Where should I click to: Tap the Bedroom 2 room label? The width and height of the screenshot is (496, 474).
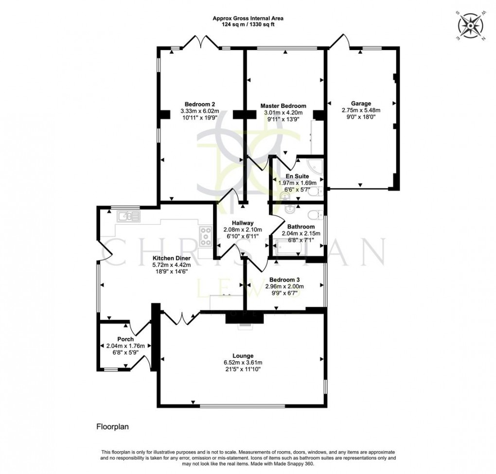pos(199,104)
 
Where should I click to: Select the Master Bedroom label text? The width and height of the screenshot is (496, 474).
pos(283,106)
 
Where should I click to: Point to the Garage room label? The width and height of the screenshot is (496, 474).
pos(361,104)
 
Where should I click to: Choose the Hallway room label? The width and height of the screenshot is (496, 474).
pos(242,223)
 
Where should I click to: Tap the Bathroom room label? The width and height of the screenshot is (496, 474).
pos(301,227)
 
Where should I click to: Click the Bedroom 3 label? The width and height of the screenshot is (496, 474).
pos(283,280)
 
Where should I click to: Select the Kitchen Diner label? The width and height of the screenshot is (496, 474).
pos(172,258)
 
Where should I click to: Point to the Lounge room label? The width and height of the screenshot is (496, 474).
pos(242,356)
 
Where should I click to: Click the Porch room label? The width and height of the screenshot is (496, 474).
pos(125,339)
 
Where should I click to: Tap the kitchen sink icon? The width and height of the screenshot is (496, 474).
pos(128,215)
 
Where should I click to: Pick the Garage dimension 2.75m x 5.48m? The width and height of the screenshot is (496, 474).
pos(361,110)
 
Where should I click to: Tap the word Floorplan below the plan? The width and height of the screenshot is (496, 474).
pos(111,427)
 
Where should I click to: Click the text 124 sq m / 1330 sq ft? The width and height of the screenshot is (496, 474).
pos(248,25)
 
